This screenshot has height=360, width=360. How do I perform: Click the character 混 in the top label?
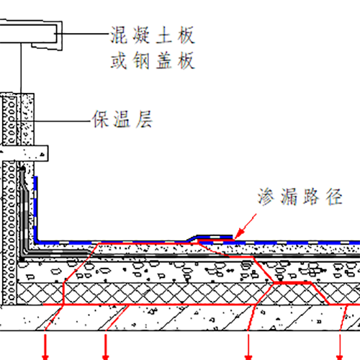pos(119,35)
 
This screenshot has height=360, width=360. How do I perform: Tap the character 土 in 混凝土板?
pos(164,35)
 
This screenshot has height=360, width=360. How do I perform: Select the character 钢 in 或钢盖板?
pos(141,60)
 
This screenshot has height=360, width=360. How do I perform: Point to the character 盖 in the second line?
pos(164,60)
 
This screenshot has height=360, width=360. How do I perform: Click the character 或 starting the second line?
pos(119,60)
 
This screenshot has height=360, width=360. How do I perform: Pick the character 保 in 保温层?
pos(101,119)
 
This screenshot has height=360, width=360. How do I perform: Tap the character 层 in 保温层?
pos(144,119)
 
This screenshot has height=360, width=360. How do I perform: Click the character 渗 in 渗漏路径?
pos(266,197)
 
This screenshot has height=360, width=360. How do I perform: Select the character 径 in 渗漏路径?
pos(334,197)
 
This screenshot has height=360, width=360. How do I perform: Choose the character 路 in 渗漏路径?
pos(311,197)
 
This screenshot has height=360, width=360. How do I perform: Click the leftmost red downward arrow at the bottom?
pos(45,346)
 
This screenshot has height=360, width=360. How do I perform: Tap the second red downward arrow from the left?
pos(106,346)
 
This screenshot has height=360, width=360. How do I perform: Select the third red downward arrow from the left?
pos(248,346)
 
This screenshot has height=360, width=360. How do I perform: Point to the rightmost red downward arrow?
pos(339,346)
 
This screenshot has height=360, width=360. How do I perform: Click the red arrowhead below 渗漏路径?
pos(239,234)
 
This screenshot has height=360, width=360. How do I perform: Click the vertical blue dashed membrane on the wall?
pos(35,209)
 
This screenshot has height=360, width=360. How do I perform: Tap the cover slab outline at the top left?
pos(31,35)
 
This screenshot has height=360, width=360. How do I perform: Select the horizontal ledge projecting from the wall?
pos(24,153)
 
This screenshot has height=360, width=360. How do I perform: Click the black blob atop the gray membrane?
pos(22,169)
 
